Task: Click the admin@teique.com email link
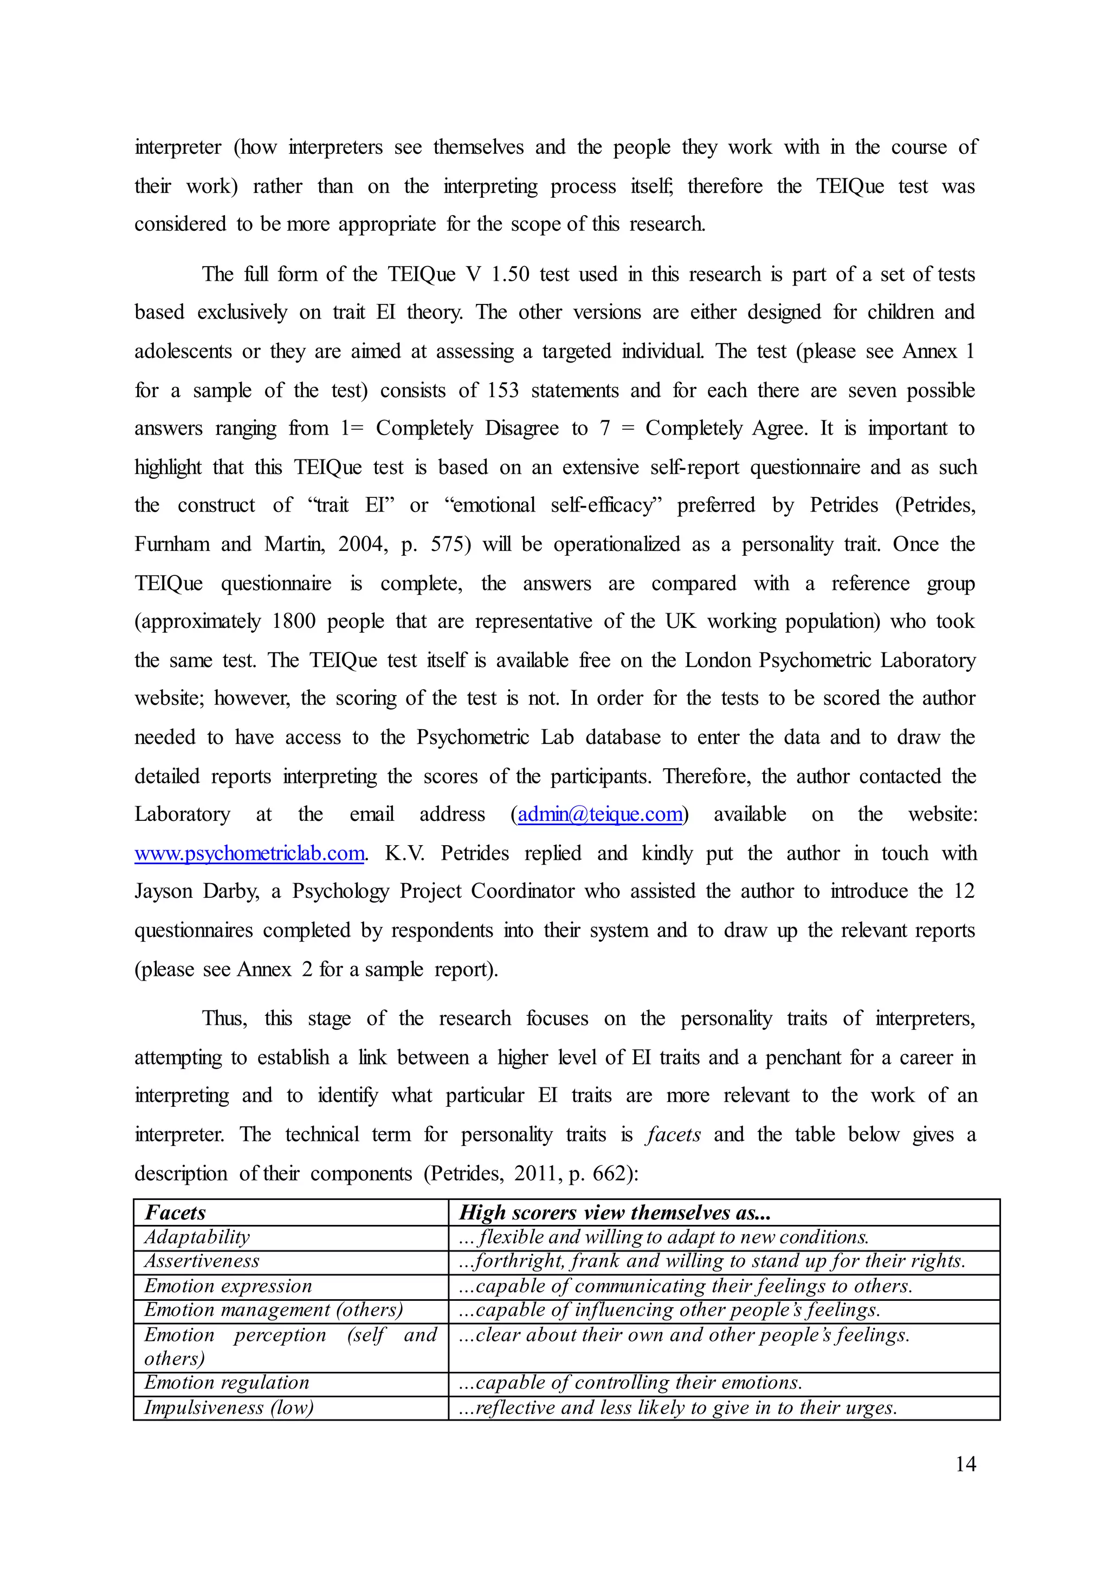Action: [x=599, y=814]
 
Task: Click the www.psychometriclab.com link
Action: [x=249, y=853]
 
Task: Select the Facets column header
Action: [x=175, y=1213]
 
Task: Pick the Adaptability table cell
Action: [x=197, y=1237]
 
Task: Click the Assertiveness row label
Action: [x=202, y=1261]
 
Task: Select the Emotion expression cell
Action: [x=228, y=1286]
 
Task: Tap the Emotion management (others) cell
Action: [x=273, y=1309]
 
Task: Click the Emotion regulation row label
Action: [x=226, y=1383]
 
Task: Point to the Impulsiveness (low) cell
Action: [x=228, y=1407]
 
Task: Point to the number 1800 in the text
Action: [x=293, y=621]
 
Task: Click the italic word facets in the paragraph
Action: [x=673, y=1134]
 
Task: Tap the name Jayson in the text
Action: [x=163, y=891]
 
